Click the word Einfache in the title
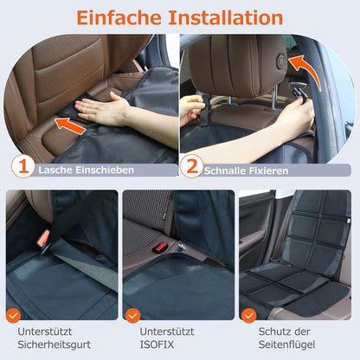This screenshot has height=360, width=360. click(119, 17)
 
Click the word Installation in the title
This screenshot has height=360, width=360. click(226, 17)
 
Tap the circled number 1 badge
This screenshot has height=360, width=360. click(23, 166)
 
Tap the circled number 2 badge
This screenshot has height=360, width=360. click(191, 166)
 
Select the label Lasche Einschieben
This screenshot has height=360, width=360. click(87, 170)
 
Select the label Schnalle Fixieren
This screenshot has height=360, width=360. click(247, 170)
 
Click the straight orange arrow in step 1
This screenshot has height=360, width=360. click(70, 126)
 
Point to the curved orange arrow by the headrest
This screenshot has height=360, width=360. click(306, 70)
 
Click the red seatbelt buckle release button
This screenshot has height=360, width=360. click(43, 238)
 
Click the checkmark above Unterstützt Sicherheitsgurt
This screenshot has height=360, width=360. click(13, 315)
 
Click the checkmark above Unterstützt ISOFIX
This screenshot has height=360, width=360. click(132, 316)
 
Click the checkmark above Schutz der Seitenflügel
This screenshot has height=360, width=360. click(248, 316)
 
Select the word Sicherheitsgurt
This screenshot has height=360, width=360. click(55, 344)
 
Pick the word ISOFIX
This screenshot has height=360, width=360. click(157, 344)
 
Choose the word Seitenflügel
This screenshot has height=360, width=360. click(286, 344)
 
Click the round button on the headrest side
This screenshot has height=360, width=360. click(280, 61)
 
